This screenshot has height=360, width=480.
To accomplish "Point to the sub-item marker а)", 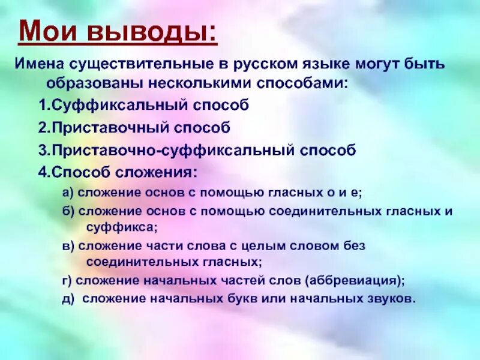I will coord(68,193).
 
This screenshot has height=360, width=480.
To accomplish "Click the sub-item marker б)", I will coord(68,211).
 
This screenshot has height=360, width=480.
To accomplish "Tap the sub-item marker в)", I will coord(68,245).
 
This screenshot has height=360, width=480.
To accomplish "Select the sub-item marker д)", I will coord(68,298).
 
